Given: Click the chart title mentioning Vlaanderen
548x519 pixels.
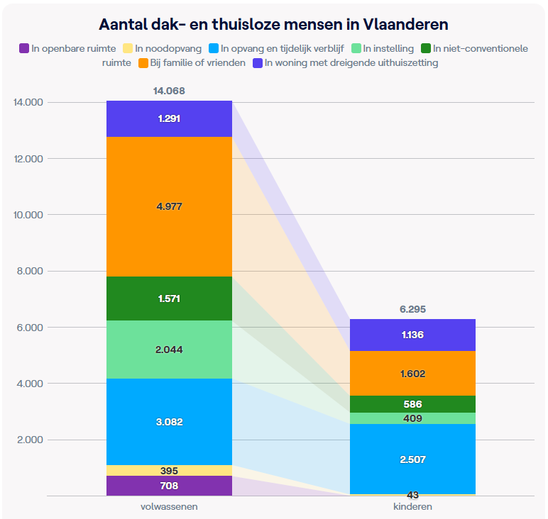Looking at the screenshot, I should [273, 24].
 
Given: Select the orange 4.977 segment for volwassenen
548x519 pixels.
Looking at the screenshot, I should [169, 206].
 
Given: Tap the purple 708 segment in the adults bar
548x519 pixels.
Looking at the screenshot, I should [169, 486].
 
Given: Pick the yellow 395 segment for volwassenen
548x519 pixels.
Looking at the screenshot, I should [169, 471].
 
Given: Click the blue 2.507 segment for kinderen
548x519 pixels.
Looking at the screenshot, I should [412, 459].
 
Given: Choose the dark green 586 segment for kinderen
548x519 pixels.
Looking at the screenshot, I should [412, 404].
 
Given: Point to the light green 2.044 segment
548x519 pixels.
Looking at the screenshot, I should [169, 349].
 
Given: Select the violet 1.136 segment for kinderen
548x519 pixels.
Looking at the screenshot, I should [412, 335].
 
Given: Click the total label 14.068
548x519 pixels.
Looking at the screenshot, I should [169, 91].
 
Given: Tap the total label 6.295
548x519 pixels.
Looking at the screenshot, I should [412, 310].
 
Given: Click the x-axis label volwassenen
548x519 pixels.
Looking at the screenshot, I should [169, 507].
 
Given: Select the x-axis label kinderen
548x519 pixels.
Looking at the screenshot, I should [412, 507].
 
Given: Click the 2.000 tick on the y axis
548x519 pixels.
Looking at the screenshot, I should [28, 440].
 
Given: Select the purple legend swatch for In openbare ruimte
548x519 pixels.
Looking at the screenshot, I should [24, 49].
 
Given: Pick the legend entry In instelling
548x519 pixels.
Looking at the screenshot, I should [388, 49].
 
